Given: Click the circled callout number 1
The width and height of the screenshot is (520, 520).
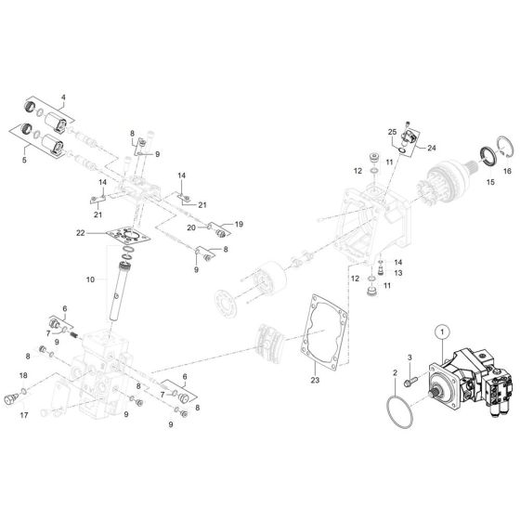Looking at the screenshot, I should tap(443, 331).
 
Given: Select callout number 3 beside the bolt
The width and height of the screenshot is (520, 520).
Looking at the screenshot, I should tap(408, 357).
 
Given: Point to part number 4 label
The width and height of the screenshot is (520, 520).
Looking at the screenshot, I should tap(64, 97).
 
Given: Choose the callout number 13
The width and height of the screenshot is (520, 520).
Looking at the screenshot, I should tap(396, 274).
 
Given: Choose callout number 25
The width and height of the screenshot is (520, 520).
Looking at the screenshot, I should tap(392, 132).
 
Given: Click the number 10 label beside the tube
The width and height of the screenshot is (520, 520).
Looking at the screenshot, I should tap(91, 279).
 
